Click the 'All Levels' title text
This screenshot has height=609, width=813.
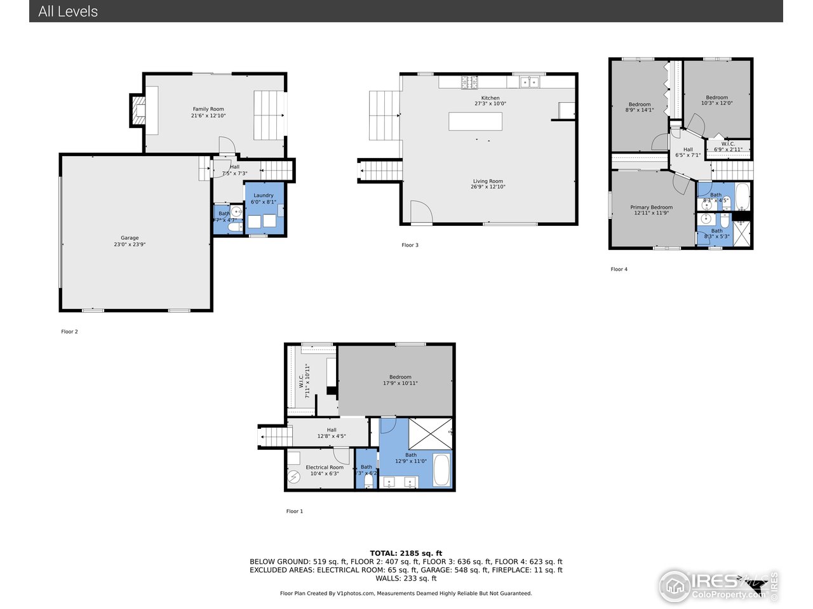[x=68, y=11]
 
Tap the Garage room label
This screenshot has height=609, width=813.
[x=130, y=241]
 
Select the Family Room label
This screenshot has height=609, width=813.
[x=208, y=112]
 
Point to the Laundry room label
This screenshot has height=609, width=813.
[x=264, y=199]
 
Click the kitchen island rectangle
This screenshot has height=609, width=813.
[x=475, y=121]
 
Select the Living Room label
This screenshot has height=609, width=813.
[x=488, y=184]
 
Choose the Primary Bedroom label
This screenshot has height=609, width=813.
[x=651, y=210]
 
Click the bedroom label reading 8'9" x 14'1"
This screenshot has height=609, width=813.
[x=640, y=107]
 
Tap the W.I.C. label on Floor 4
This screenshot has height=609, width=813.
[x=728, y=147]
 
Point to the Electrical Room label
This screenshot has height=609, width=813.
[x=325, y=470]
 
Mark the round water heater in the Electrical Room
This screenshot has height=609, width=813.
[x=293, y=477]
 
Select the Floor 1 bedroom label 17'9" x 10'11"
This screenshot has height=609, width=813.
[x=400, y=380]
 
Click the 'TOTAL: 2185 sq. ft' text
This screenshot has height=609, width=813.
[x=406, y=553]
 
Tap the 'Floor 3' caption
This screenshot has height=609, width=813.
[x=410, y=245]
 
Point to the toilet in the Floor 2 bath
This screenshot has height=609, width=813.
[x=234, y=226]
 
